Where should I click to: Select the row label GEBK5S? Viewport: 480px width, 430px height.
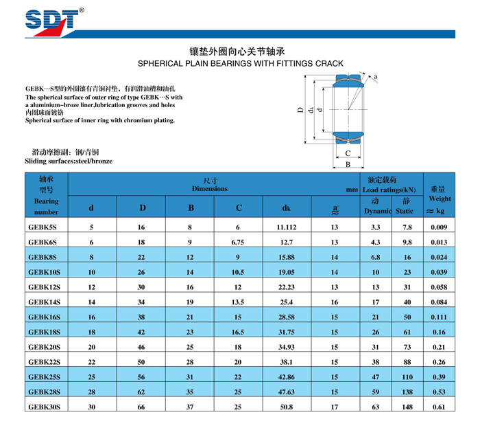pos(43,227)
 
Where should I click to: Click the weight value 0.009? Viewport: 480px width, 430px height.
pos(439,227)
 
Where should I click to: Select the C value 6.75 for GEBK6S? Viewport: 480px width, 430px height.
pos(238,242)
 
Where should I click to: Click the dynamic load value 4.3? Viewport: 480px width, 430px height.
pos(376,242)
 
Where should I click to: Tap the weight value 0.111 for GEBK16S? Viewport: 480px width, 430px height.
pos(439,317)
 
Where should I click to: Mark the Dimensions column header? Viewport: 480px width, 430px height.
pos(209,188)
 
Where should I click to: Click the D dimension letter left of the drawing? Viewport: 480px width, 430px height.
pos(300,110)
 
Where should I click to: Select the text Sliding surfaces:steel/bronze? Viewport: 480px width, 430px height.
pos(69,161)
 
